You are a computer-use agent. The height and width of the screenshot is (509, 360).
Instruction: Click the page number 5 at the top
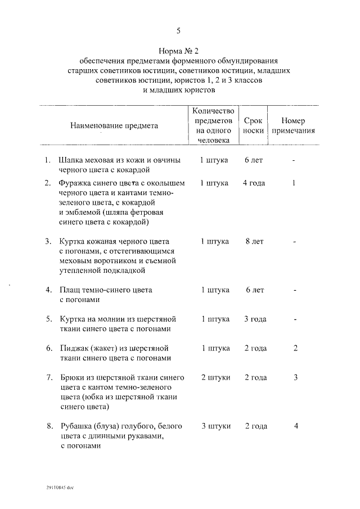178,30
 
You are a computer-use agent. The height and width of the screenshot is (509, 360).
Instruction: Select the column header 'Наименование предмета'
114,125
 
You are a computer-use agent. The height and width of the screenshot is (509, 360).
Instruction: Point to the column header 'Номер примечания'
293,125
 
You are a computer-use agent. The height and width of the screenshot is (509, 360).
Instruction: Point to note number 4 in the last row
295,425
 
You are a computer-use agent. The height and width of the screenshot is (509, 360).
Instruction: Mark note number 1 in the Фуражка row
294,183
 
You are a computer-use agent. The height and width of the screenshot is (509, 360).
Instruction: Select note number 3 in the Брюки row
295,377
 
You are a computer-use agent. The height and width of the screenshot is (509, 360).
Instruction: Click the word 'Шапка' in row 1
72,160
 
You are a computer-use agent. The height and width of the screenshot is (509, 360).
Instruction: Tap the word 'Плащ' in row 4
70,290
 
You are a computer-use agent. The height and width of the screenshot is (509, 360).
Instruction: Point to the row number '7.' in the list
49,377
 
